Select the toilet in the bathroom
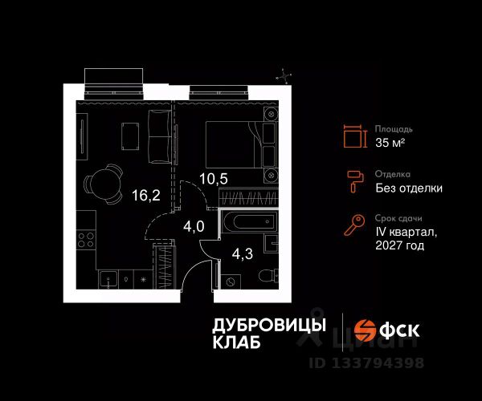click(265, 277)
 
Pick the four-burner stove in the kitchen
click(85, 239)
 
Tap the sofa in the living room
click(161, 135)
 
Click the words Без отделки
click(408, 188)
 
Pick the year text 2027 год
click(400, 246)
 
